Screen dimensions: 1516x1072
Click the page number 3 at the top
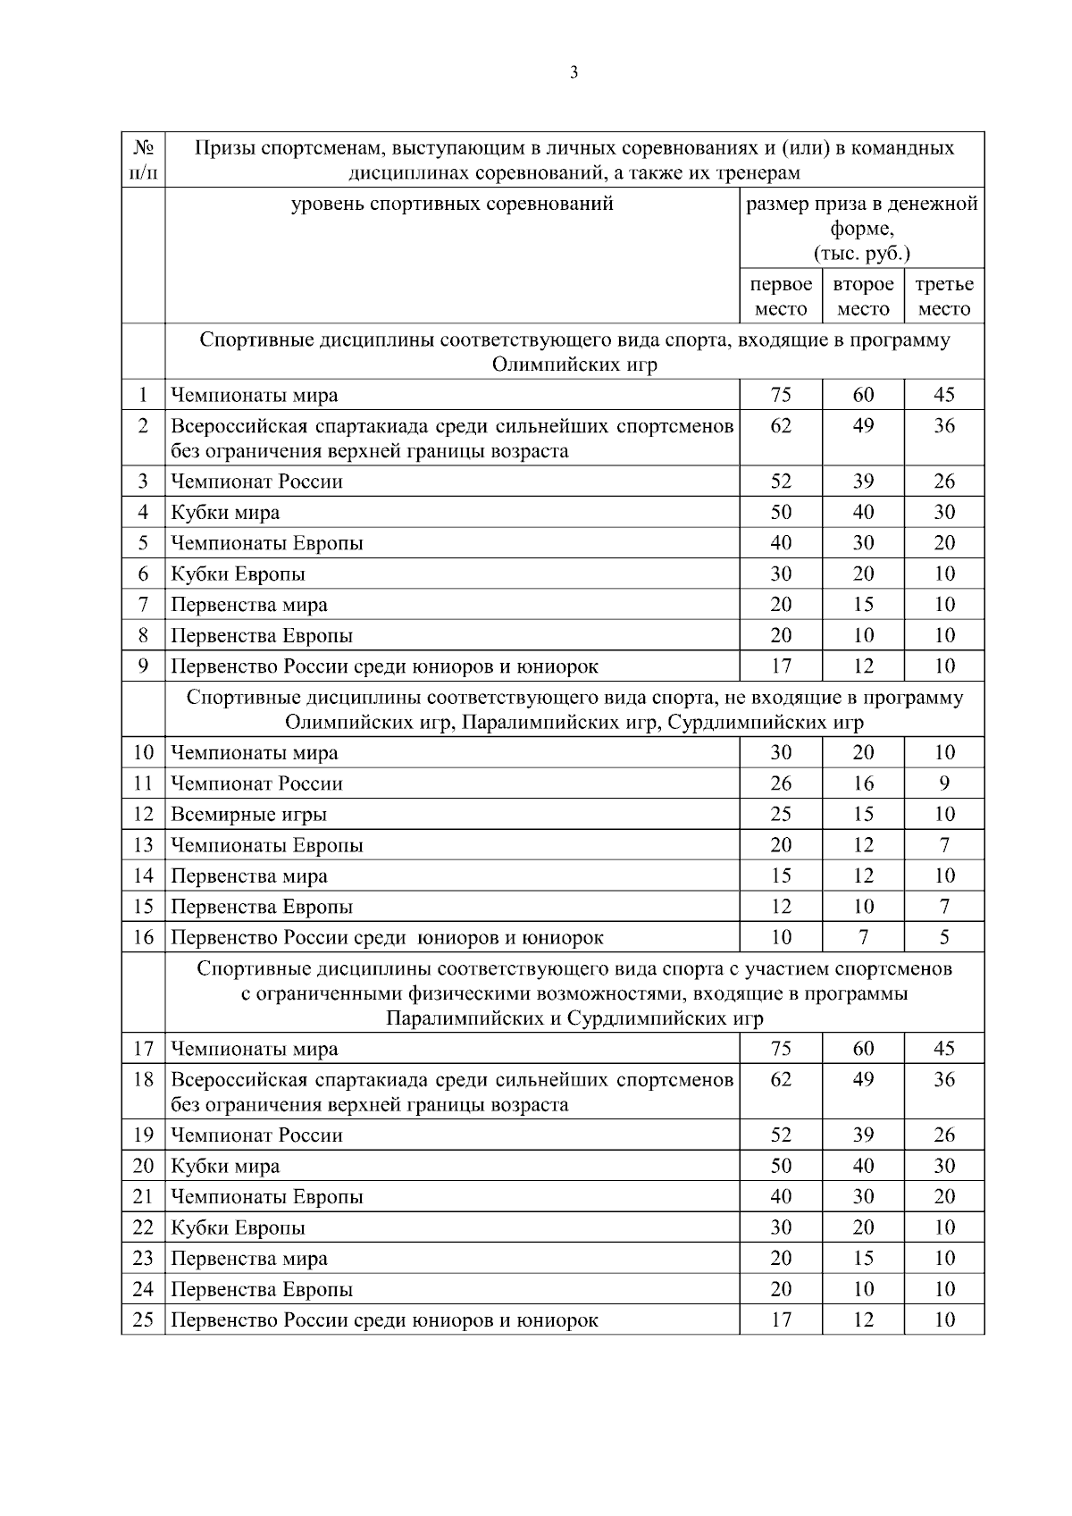tap(574, 73)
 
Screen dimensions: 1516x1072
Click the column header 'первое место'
tap(781, 297)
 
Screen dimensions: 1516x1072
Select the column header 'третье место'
tap(944, 297)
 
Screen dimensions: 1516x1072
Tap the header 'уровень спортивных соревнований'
tap(453, 204)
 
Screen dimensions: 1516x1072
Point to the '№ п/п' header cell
tap(143, 159)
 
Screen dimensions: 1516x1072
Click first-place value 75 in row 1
tap(781, 395)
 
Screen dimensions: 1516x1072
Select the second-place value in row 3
tap(863, 482)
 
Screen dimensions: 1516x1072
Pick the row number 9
tap(143, 666)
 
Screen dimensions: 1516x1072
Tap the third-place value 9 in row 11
tap(944, 783)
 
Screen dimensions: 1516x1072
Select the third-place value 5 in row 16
tap(944, 937)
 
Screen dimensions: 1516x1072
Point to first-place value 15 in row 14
tap(781, 875)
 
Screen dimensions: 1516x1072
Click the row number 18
tap(143, 1079)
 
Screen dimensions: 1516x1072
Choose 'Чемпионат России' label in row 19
tap(256, 1135)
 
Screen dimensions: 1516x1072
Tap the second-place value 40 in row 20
tap(863, 1166)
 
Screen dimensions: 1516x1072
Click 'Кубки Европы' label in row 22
tap(238, 1227)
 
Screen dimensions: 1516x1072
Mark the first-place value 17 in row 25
tap(781, 1319)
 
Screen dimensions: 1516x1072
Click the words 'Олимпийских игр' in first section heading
tap(574, 365)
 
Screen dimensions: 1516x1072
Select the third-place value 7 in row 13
tap(944, 845)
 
